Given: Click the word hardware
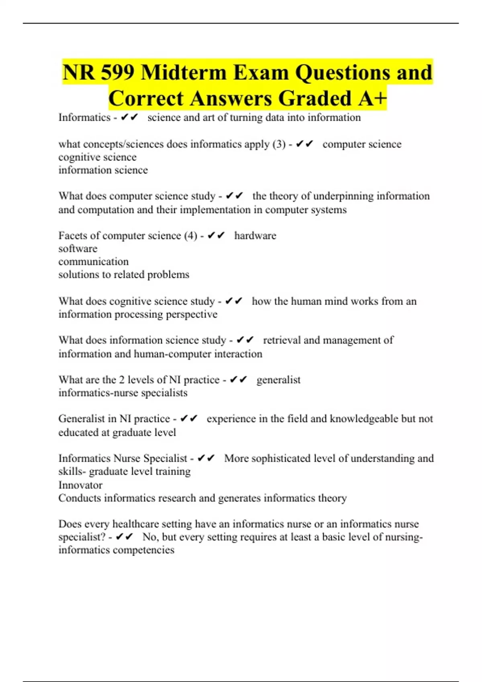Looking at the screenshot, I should tap(255, 235).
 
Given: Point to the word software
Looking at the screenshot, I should tap(78, 249).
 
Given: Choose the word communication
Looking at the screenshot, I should tap(93, 262).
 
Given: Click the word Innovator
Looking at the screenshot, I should tap(80, 485).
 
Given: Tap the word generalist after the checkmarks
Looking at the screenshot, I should tap(278, 380).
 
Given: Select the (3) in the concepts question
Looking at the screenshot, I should tap(279, 144).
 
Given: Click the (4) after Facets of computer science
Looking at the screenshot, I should tap(190, 235).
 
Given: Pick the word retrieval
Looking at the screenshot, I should tap(282, 340).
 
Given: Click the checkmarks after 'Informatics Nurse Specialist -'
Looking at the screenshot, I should tap(206, 458).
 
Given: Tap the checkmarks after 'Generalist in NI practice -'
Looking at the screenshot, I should tap(188, 418).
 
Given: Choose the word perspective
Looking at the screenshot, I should tap(192, 314).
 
